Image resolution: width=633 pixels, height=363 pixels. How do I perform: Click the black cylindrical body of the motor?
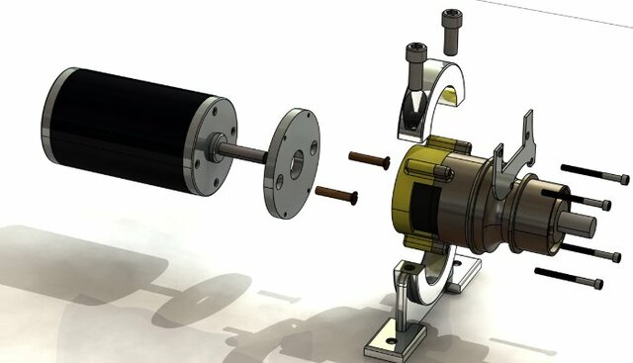(119, 124)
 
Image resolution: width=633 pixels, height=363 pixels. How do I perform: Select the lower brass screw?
(336, 195)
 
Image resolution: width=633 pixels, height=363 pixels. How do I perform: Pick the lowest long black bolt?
(569, 276)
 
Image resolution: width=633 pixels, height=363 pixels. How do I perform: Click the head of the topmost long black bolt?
(622, 179)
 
